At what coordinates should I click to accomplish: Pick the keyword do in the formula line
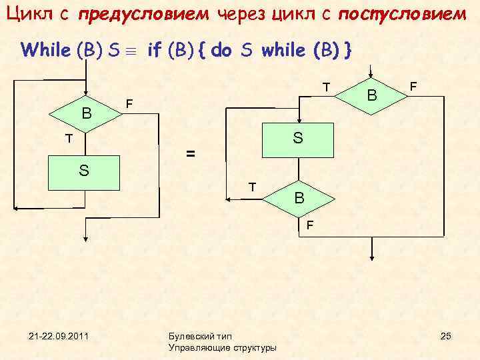pos(223,49)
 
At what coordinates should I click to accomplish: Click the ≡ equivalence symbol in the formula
pos(134,50)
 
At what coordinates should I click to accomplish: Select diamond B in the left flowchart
pos(85,113)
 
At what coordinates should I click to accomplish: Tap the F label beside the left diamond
pos(130,104)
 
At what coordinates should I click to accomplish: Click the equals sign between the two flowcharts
pos(191,155)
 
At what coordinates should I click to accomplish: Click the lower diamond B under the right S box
pos(300,198)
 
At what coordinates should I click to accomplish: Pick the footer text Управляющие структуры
pos(223,347)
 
